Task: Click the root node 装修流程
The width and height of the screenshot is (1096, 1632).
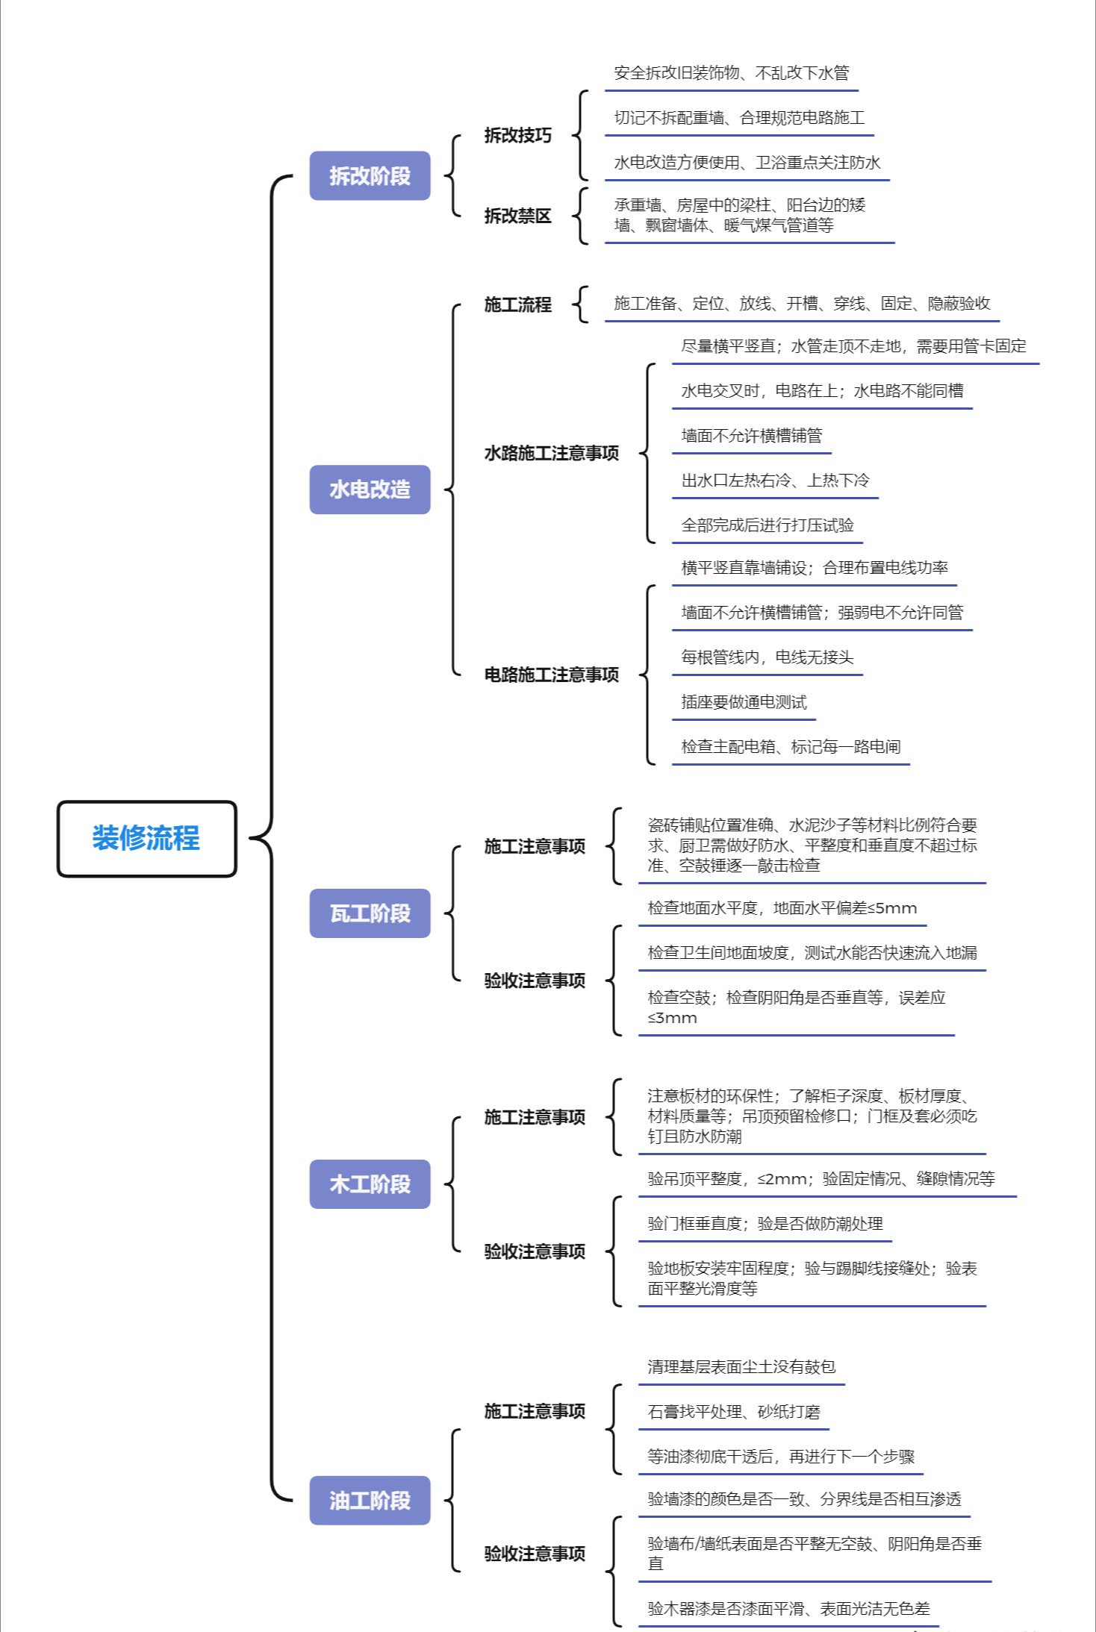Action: [146, 838]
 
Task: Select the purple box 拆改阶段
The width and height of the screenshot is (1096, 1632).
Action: [370, 175]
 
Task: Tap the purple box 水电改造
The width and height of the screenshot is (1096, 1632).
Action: [370, 489]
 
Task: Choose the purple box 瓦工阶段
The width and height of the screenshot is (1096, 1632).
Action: [370, 913]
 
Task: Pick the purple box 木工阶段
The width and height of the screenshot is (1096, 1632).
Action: [370, 1184]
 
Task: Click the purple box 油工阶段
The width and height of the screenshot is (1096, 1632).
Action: [370, 1500]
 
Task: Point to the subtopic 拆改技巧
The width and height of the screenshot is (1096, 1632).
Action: [517, 135]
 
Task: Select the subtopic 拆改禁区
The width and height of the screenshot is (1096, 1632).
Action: [517, 216]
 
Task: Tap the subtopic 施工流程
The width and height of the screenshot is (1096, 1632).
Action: [517, 304]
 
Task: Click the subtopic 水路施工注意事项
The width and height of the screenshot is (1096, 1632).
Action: [551, 453]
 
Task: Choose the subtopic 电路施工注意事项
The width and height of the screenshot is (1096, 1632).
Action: [551, 675]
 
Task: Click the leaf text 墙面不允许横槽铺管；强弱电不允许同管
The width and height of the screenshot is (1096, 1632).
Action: [822, 613]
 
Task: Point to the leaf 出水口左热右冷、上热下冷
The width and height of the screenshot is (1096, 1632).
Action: [775, 481]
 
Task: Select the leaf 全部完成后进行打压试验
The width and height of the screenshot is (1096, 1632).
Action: [767, 525]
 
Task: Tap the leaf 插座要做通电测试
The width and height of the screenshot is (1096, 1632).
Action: [744, 702]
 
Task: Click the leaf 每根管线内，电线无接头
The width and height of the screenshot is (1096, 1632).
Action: [767, 657]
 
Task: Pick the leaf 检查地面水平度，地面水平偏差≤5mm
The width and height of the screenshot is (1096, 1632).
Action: [782, 908]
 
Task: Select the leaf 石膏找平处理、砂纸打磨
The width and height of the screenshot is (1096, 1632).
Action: [734, 1412]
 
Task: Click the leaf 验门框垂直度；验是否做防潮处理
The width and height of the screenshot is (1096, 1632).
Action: [765, 1224]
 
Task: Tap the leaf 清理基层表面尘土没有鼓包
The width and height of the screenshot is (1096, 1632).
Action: [741, 1367]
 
